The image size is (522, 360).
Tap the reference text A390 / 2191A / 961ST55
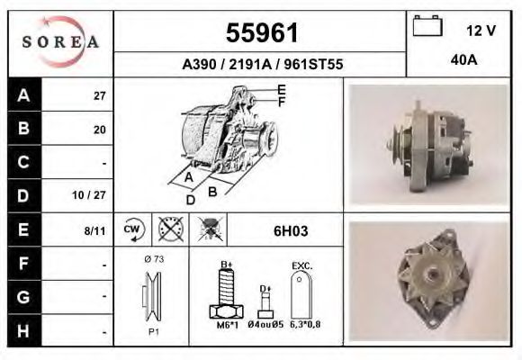261,65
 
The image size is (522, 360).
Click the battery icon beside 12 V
426,28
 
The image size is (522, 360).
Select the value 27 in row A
99,96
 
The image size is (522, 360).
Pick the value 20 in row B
99,130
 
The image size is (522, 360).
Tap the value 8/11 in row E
94,230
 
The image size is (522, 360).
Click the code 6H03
290,230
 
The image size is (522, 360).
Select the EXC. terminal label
301,266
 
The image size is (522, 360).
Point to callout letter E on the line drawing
281,89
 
